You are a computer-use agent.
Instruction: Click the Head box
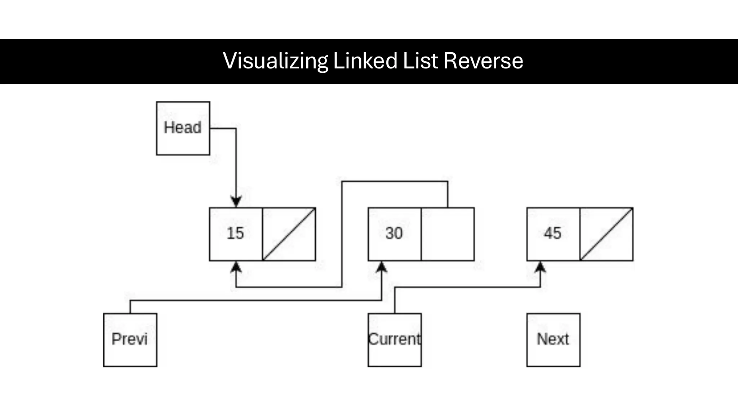tap(183, 128)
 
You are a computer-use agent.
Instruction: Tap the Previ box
tap(130, 340)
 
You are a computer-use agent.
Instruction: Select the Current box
tap(395, 340)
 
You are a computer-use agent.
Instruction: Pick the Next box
tap(553, 340)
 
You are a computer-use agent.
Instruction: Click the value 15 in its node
tap(235, 233)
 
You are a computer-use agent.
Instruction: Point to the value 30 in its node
tap(394, 233)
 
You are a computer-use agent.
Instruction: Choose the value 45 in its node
tap(552, 233)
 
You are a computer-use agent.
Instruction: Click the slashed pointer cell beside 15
tap(289, 234)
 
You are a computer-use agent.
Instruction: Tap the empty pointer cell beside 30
tap(448, 234)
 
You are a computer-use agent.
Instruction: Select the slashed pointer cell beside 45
tap(606, 234)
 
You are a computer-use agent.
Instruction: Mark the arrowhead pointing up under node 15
tap(236, 267)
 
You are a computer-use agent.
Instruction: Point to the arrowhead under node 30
tap(382, 267)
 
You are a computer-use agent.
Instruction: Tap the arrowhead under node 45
tap(540, 267)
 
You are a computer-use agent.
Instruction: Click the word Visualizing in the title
tap(275, 61)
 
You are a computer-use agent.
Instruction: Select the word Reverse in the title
tap(483, 61)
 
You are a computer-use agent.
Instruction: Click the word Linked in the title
tap(365, 61)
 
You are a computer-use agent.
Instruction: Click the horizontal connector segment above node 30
tap(395, 181)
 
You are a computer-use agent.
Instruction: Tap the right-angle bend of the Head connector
tap(236, 128)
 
